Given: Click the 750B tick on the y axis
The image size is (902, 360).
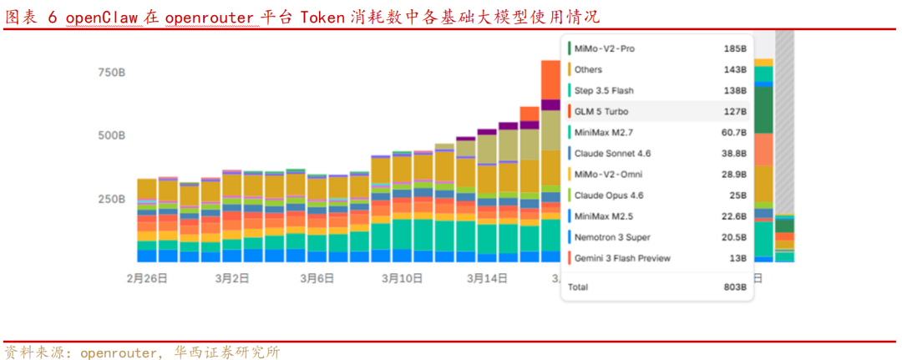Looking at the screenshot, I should [111, 73].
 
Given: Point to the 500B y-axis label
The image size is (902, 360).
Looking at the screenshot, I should [111, 135].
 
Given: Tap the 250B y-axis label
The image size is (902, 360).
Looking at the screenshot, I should [111, 199].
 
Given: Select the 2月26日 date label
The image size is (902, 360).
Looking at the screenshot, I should [147, 277].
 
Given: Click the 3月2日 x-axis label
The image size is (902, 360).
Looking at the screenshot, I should [231, 277].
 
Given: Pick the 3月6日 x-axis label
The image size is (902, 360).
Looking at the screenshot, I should [317, 277].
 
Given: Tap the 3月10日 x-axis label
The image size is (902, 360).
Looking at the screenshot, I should [403, 277].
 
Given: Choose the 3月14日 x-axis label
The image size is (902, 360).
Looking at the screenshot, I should [488, 277].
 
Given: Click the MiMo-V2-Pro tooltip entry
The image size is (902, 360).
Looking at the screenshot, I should [604, 48].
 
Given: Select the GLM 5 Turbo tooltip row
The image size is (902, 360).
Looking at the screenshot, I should [601, 111].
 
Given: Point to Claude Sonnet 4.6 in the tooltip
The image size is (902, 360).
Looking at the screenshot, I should [612, 153].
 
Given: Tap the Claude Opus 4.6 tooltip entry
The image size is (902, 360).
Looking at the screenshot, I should [609, 195].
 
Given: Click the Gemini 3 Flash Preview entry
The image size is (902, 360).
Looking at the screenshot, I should [621, 258].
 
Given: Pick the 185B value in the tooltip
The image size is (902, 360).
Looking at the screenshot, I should [735, 48].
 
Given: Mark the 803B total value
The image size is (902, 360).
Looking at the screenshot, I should [735, 286].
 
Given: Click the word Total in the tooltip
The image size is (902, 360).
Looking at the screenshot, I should [578, 286].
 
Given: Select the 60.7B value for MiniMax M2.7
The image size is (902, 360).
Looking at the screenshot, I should [733, 132].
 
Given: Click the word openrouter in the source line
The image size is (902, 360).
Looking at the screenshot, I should [117, 352].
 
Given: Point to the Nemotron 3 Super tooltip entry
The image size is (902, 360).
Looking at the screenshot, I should [612, 237].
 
